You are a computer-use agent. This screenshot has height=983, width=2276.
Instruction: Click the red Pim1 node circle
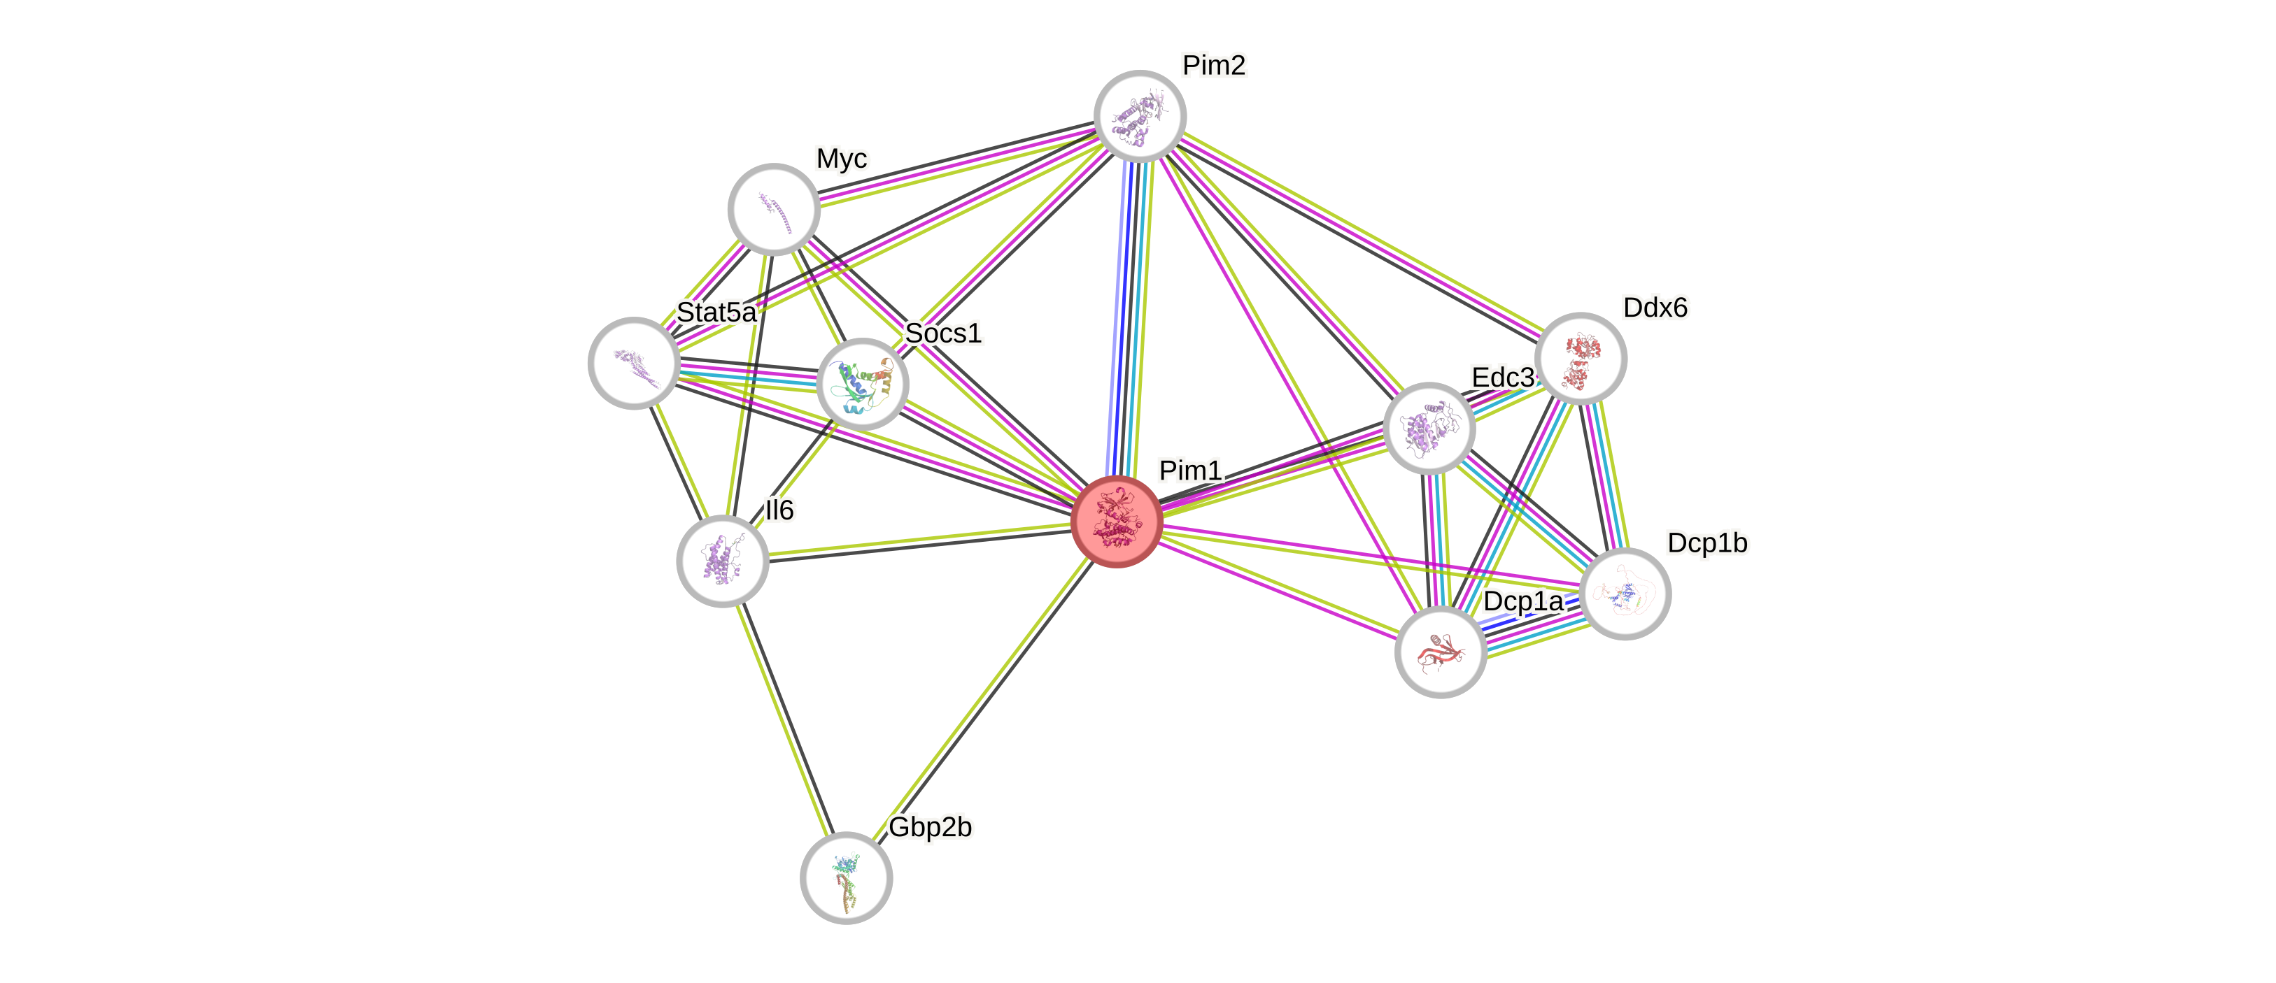point(1116,521)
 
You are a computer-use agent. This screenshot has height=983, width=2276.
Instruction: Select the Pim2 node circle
point(1140,115)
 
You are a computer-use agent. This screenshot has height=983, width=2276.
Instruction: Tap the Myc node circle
point(774,209)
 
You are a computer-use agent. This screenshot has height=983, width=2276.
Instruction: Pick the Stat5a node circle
point(633,362)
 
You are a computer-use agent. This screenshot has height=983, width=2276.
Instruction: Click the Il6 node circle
point(723,561)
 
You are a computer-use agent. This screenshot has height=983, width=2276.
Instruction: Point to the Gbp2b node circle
point(847,877)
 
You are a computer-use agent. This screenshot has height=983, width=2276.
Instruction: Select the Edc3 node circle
point(1429,429)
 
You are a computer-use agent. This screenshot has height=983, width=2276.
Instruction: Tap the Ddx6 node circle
point(1581,358)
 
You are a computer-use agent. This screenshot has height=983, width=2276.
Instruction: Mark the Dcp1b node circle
point(1625,594)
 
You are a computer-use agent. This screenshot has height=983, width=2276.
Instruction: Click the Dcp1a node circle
point(1440,652)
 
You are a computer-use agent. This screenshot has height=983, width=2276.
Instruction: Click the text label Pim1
point(1190,470)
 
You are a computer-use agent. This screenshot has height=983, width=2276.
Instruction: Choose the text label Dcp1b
point(1707,543)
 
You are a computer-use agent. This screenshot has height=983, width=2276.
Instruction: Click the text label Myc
point(842,159)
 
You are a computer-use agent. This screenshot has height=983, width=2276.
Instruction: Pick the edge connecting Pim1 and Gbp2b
point(981,699)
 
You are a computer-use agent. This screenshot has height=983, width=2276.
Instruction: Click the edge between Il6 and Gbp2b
point(784,719)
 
